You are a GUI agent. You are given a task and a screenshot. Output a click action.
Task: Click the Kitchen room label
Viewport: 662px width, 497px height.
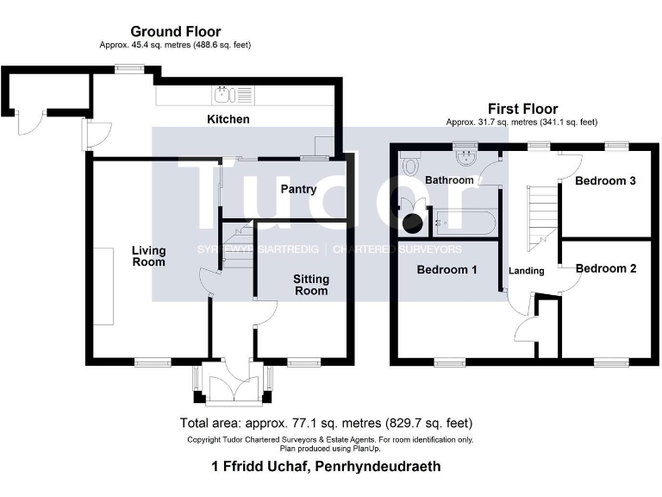click(228, 119)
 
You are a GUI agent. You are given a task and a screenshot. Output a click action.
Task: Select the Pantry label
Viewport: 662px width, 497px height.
click(298, 189)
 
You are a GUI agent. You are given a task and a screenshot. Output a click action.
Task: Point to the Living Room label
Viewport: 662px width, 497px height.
click(148, 256)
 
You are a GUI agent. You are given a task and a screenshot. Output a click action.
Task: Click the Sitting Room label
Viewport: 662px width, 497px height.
click(310, 285)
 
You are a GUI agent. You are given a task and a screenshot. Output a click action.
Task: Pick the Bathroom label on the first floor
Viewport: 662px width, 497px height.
click(449, 180)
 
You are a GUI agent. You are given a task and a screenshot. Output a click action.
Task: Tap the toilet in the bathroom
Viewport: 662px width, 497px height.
click(409, 165)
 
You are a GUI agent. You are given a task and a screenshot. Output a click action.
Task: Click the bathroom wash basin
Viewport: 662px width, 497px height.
click(466, 157)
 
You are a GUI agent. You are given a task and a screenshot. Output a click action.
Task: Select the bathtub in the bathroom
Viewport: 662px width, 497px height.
click(463, 223)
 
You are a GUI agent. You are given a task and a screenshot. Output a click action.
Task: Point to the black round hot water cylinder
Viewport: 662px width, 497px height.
click(412, 223)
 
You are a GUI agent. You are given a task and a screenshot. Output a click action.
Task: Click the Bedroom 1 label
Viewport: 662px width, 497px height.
click(447, 270)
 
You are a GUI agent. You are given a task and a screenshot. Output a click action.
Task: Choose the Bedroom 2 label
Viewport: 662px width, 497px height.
click(606, 269)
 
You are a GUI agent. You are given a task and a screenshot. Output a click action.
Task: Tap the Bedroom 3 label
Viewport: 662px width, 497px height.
click(606, 181)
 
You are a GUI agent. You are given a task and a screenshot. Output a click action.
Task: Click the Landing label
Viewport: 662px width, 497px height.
click(526, 271)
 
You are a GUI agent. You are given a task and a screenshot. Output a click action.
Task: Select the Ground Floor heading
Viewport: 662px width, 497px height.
click(176, 32)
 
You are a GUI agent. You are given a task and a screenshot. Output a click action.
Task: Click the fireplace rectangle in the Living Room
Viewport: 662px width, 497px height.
click(103, 286)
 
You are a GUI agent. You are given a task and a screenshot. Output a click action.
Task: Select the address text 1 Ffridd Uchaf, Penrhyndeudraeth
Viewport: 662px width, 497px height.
click(326, 467)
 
